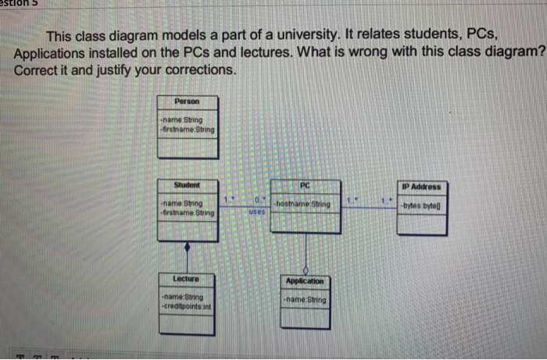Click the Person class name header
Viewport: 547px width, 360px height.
click(x=186, y=102)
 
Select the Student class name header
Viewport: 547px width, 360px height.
click(x=186, y=185)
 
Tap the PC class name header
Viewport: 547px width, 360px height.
click(x=305, y=185)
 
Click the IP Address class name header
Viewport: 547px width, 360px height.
click(x=422, y=187)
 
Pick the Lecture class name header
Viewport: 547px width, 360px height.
click(x=186, y=278)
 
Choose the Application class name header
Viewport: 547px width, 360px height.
click(x=305, y=281)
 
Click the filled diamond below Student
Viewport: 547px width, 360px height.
click(x=186, y=248)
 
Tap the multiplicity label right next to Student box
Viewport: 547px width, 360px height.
click(x=225, y=201)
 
